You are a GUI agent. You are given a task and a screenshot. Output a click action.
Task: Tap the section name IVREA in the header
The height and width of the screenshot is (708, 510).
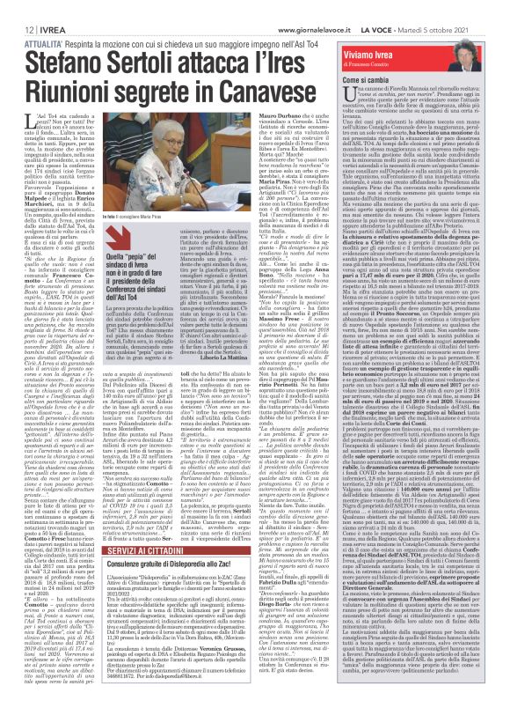tap(42, 9)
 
